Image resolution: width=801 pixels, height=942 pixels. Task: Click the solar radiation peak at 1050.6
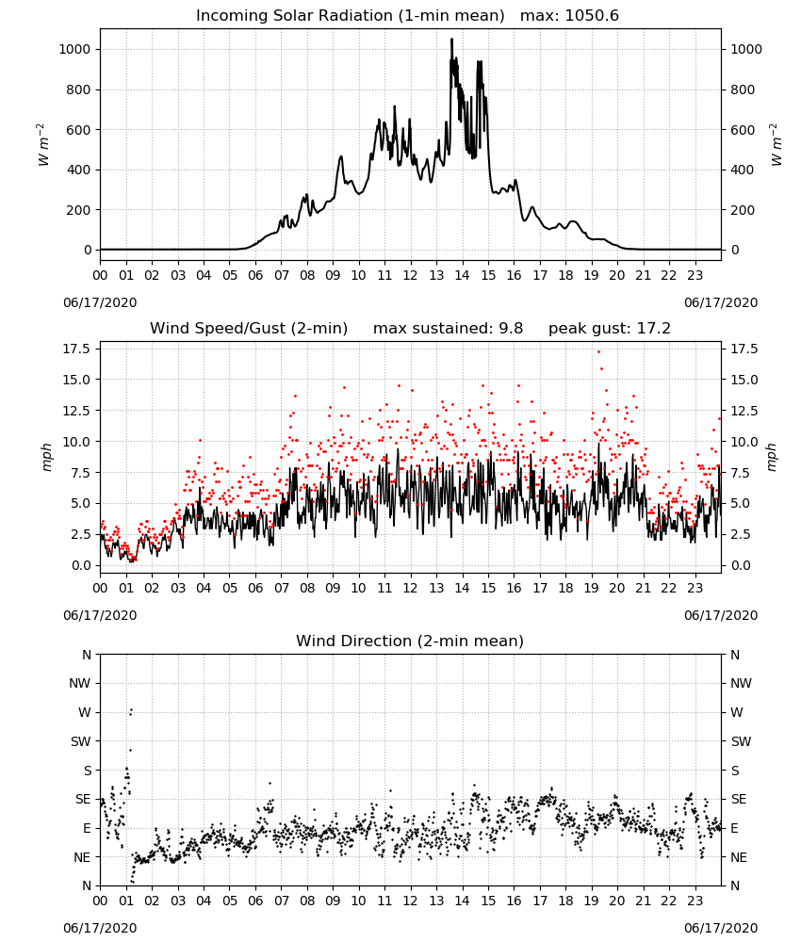[x=452, y=40]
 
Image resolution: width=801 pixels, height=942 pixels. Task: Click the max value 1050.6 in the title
[x=592, y=16]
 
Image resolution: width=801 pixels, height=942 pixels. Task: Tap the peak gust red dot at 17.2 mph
[x=598, y=352]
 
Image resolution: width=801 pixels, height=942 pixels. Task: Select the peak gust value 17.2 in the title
[x=651, y=329]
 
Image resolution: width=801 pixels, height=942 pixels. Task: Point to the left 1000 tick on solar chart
[x=75, y=49]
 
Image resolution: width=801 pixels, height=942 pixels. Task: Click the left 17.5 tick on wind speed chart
[x=77, y=349]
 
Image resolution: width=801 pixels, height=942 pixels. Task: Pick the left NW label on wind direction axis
[x=80, y=684]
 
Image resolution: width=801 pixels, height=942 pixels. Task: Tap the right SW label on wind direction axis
[x=741, y=742]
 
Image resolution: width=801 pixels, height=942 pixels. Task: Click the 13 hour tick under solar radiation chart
[x=436, y=276]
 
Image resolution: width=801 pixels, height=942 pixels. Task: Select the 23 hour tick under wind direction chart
[x=695, y=901]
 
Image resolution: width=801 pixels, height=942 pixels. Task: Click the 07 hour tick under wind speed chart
[x=281, y=588]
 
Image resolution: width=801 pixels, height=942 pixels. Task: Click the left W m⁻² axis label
[x=43, y=145]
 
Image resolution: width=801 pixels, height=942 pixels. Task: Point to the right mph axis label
[x=772, y=457]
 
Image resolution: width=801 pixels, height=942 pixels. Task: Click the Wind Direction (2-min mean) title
[x=410, y=641]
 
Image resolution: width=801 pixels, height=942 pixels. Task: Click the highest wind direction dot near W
[x=132, y=710]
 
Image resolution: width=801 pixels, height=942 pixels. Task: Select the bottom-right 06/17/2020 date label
[x=721, y=928]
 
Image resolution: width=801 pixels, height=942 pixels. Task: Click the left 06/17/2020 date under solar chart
[x=100, y=302]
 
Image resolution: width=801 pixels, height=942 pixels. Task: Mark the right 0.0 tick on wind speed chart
[x=741, y=565]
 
